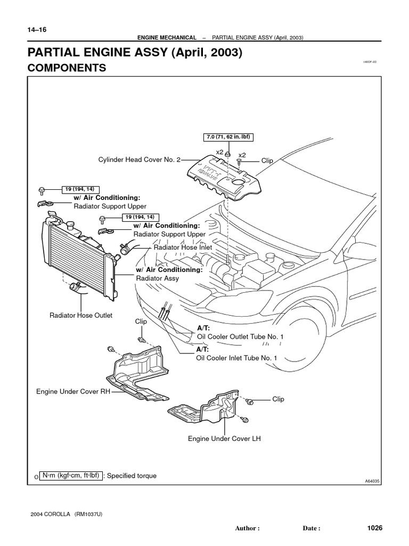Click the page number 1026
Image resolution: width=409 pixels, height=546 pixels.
click(x=375, y=528)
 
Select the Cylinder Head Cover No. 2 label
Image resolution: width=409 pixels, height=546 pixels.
click(x=140, y=159)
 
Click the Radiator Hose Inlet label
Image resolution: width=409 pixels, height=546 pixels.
click(x=183, y=247)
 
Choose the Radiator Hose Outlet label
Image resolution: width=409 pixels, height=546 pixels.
click(x=81, y=315)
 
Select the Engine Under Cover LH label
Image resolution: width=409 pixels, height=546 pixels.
click(x=224, y=439)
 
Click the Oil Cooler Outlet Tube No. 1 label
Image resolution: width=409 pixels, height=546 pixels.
click(x=240, y=336)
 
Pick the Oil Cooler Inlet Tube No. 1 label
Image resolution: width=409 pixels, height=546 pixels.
click(x=237, y=358)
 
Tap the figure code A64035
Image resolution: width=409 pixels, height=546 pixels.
click(x=373, y=480)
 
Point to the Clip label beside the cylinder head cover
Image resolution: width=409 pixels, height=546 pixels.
click(x=267, y=159)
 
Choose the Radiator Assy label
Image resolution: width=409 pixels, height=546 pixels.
click(x=158, y=278)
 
